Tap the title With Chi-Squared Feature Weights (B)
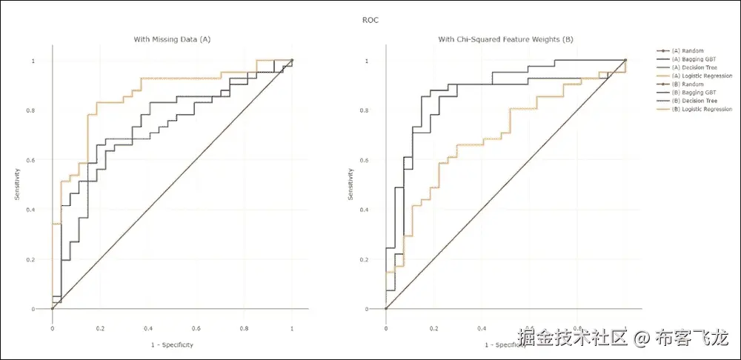click(x=505, y=39)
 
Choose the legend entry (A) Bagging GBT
click(x=693, y=59)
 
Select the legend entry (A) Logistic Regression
click(x=701, y=76)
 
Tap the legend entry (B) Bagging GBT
click(x=693, y=93)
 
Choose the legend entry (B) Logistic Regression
click(x=701, y=109)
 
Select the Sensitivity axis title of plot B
click(x=351, y=184)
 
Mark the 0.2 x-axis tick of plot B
click(x=433, y=327)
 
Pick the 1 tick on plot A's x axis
click(x=292, y=327)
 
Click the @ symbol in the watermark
click(x=642, y=339)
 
